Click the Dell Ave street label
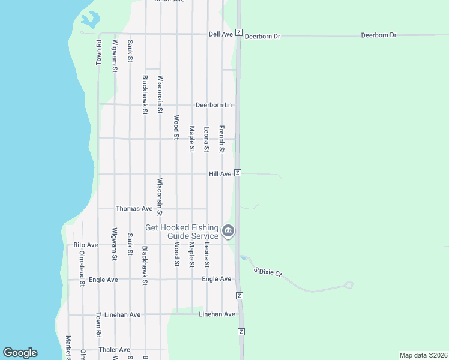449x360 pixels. [220, 35]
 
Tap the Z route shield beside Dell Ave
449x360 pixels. [239, 32]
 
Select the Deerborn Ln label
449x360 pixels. [214, 105]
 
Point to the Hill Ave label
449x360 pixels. [220, 174]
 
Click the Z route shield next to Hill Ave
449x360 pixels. [238, 173]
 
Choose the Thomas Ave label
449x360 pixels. [134, 209]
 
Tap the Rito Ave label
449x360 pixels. [85, 245]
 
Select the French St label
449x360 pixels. [221, 139]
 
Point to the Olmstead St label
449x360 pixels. [82, 268]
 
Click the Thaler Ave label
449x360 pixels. [115, 350]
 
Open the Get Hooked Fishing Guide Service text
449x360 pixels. [182, 232]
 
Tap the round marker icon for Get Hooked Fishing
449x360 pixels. [228, 231]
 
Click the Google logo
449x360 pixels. [20, 353]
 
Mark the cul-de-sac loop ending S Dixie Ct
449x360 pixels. [349, 284]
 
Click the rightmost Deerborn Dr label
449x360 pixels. [379, 35]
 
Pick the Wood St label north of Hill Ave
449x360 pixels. [176, 127]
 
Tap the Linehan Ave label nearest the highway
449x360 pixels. [217, 314]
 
